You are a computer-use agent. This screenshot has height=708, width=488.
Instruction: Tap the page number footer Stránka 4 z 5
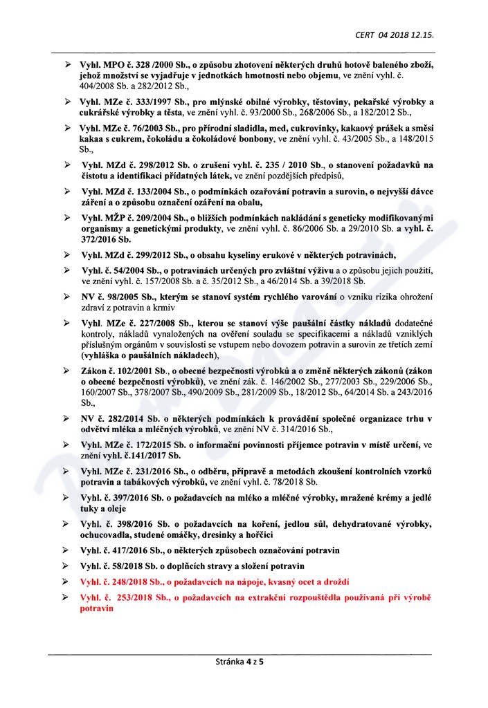click(x=244, y=662)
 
